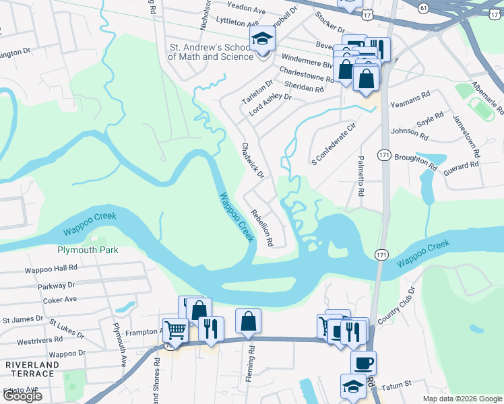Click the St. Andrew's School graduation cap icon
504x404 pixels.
[263, 38]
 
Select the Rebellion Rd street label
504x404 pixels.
[261, 228]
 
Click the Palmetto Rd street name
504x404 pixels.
[361, 179]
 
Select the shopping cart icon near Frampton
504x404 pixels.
[175, 331]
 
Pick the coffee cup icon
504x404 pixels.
[364, 364]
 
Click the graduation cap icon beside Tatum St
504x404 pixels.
[353, 386]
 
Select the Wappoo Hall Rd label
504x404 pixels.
[51, 268]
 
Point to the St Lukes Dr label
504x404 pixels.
[66, 329]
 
